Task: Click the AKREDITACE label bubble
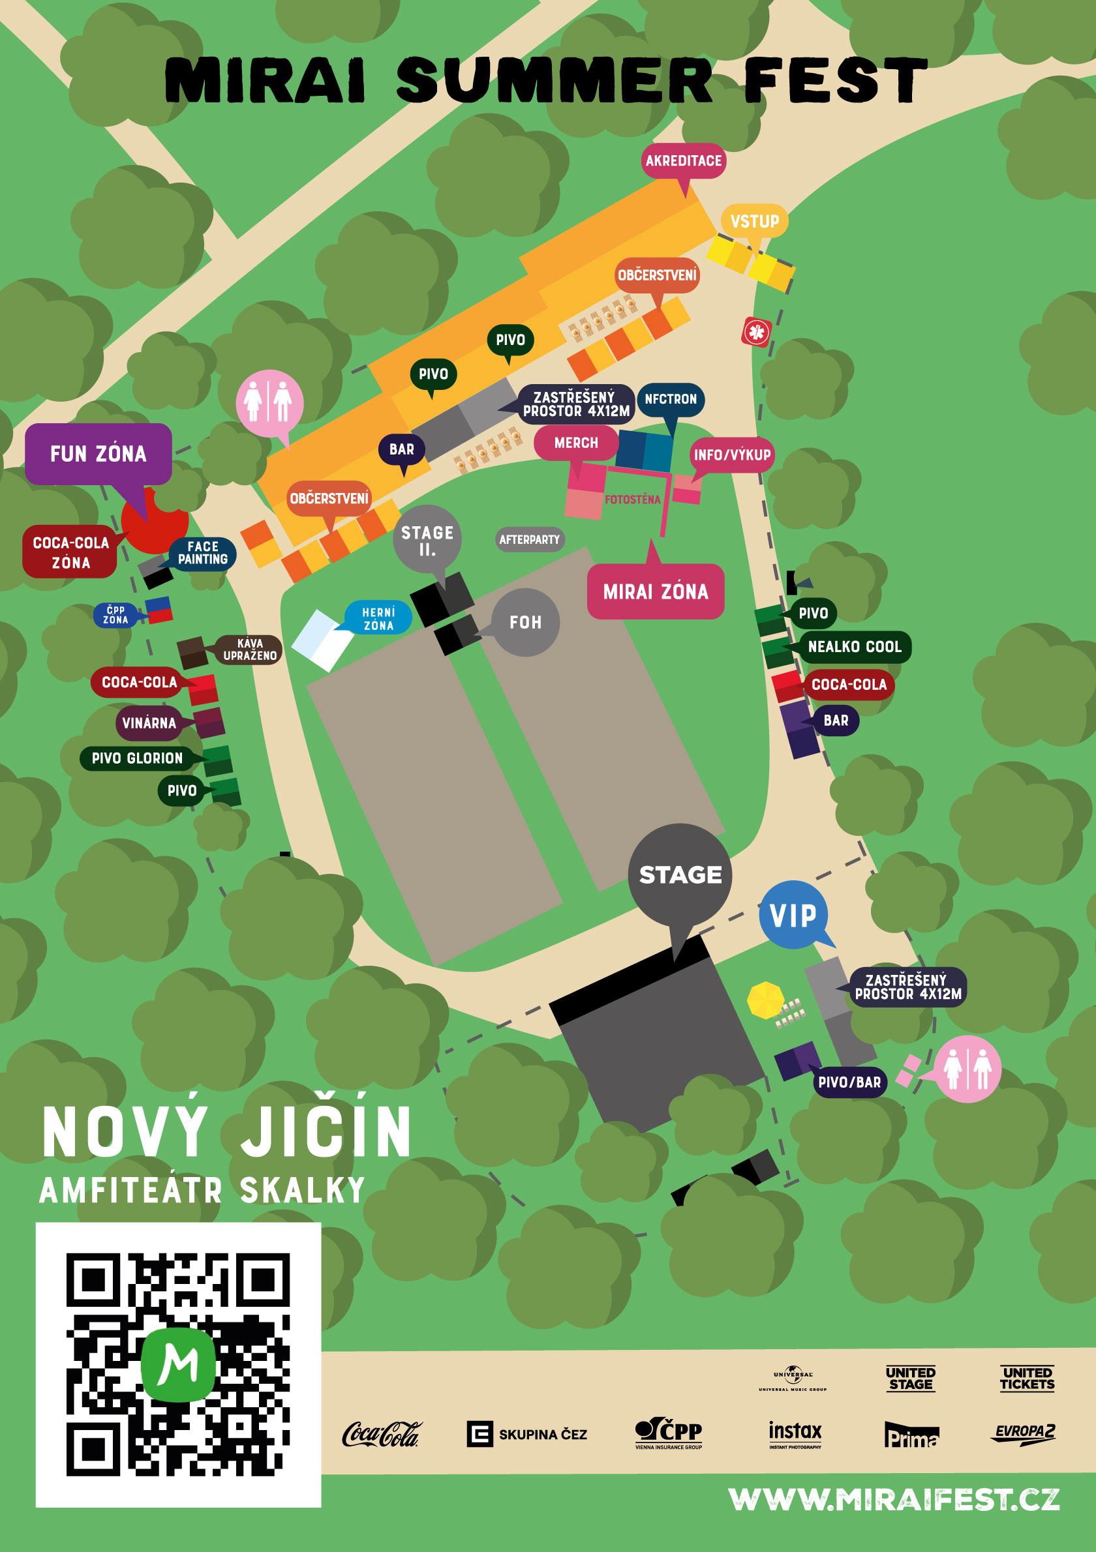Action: click(683, 161)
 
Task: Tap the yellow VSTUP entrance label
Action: click(755, 221)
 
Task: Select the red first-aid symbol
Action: click(757, 332)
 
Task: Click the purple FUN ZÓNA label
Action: click(98, 454)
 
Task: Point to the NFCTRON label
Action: click(670, 400)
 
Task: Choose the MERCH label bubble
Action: click(576, 443)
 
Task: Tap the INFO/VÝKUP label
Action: click(731, 455)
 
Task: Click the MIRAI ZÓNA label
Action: click(655, 592)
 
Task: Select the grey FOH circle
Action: click(525, 622)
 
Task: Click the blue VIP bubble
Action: click(793, 916)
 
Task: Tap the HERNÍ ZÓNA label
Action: click(378, 618)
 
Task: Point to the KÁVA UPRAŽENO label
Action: click(249, 649)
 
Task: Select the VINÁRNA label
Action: click(149, 723)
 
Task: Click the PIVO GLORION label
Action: click(136, 758)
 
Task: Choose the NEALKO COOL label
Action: click(854, 647)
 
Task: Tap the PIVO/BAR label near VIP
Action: click(849, 1082)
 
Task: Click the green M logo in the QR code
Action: click(178, 1365)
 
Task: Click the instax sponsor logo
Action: click(795, 1433)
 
